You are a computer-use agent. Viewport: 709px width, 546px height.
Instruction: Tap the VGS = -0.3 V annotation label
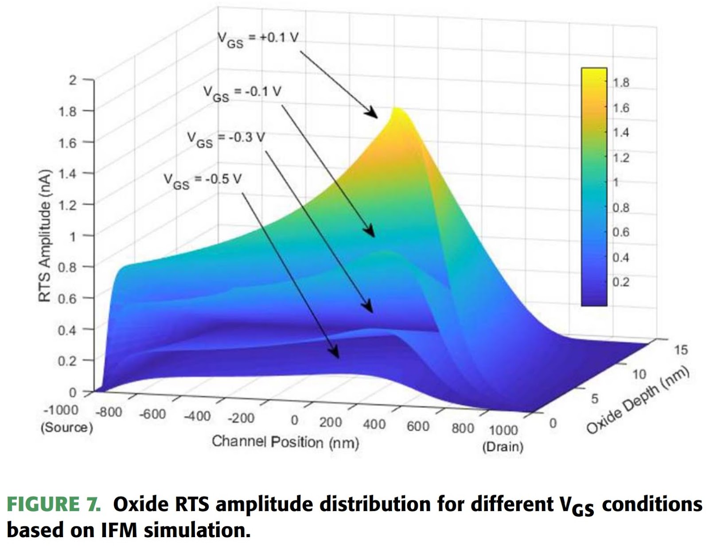tap(226, 139)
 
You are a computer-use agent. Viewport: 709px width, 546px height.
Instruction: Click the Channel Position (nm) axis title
tap(285, 442)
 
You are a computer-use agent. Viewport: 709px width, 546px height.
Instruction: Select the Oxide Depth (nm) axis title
tap(638, 400)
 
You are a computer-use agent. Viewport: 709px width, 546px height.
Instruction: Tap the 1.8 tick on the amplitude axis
tap(67, 111)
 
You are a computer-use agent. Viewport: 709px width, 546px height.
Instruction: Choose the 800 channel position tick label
tap(463, 428)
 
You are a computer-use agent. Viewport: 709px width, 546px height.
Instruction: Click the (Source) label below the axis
tap(67, 428)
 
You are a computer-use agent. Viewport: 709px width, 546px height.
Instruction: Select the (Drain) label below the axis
tap(503, 446)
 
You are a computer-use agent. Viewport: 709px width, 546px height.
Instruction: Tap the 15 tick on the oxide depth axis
tap(681, 350)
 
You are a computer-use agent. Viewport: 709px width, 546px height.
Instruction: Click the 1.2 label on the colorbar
tap(621, 158)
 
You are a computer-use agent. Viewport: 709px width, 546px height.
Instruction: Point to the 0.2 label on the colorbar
tap(621, 282)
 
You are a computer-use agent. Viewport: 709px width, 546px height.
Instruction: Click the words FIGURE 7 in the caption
tap(54, 504)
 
